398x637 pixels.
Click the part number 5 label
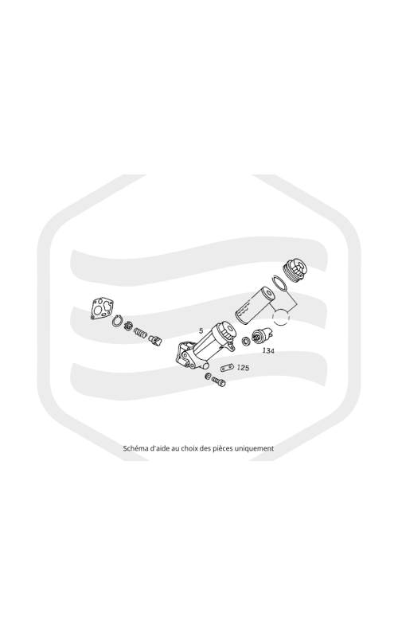[x=201, y=331]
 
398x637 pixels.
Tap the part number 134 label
[x=268, y=350]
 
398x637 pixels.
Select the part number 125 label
[x=243, y=368]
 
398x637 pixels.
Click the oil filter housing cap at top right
[x=295, y=270]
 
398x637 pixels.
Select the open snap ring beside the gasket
[x=117, y=321]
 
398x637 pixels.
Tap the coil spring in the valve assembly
[x=141, y=333]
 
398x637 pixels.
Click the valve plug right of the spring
[x=155, y=339]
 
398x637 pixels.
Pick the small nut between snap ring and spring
[x=128, y=326]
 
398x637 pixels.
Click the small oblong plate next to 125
[x=227, y=368]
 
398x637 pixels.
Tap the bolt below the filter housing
[x=218, y=381]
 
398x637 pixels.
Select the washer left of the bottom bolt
[x=208, y=376]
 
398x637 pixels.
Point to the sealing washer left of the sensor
[x=246, y=341]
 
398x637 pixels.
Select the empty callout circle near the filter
[x=273, y=316]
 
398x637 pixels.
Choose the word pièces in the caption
[x=223, y=449]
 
